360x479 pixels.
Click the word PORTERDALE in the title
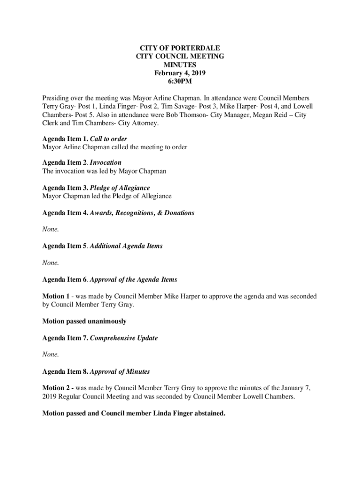197,48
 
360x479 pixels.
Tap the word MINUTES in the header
180,65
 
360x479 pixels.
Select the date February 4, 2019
180,73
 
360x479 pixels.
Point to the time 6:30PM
180,81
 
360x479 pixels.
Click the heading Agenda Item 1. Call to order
85,139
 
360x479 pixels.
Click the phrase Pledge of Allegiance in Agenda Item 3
120,188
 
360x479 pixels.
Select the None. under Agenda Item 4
50,229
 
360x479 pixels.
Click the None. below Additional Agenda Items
50,262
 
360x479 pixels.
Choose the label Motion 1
58,296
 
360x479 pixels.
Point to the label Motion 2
58,388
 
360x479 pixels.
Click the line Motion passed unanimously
84,321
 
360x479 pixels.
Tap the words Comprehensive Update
123,338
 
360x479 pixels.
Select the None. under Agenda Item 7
50,354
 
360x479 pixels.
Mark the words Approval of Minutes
120,371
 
